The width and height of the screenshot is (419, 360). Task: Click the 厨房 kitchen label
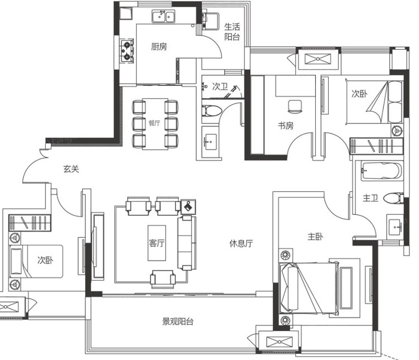[x=159, y=47]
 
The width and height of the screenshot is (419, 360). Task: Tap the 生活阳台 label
[x=232, y=32]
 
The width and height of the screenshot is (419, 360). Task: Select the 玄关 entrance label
[x=71, y=169]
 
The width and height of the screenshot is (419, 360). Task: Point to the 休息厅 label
[x=241, y=243]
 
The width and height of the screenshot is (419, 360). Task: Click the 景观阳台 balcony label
[x=178, y=321]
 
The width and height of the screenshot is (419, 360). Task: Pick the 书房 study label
[x=286, y=126]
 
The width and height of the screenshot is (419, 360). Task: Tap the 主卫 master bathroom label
[x=370, y=198]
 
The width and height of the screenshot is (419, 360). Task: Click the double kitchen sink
[x=163, y=16]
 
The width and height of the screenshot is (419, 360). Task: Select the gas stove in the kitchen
[x=127, y=51]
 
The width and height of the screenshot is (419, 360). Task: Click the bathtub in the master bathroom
[x=382, y=171]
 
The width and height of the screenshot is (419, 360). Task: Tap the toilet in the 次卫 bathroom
[x=211, y=111]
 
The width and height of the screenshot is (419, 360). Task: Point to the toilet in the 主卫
[x=393, y=199]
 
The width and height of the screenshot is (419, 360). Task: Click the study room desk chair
[x=295, y=107]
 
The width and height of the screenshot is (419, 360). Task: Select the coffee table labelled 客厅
[x=157, y=243]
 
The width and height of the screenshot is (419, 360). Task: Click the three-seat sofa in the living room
[x=187, y=243]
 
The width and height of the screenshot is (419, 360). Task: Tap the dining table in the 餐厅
[x=155, y=124]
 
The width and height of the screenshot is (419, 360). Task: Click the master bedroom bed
[x=309, y=288]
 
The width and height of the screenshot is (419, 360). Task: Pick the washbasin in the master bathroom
[x=395, y=227]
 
